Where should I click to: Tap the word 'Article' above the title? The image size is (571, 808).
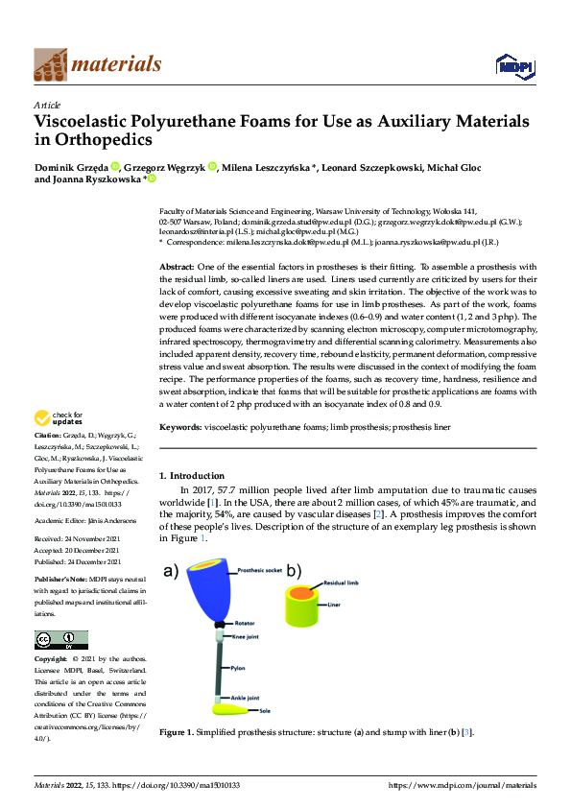click(47, 106)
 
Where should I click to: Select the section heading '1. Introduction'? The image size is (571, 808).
click(191, 475)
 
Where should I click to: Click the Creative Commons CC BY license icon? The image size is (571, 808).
click(60, 639)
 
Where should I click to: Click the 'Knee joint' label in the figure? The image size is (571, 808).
click(244, 636)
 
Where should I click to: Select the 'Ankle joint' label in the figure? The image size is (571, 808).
click(245, 698)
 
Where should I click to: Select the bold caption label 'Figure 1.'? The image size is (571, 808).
click(178, 733)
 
